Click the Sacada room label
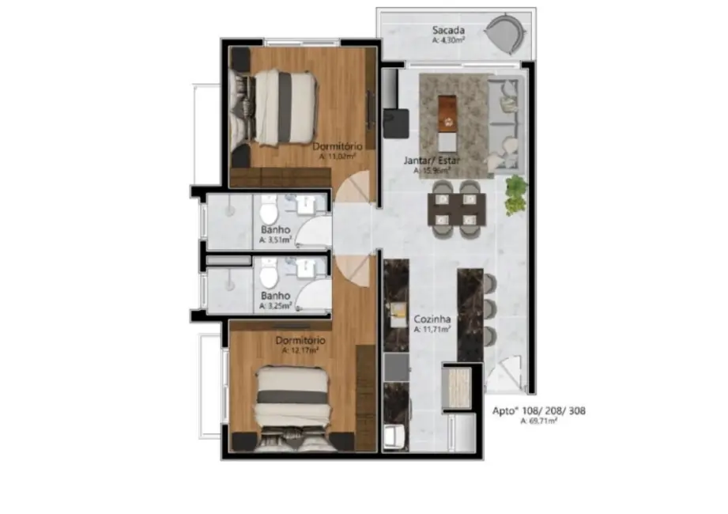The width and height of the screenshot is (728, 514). (447, 31)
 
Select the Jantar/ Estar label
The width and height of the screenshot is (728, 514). (432, 160)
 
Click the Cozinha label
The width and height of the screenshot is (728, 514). (432, 319)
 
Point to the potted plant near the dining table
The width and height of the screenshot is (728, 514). (515, 193)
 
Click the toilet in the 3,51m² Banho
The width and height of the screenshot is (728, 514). (268, 212)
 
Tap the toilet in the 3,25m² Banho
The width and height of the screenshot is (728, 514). (268, 277)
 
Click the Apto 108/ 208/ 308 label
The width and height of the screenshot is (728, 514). (538, 411)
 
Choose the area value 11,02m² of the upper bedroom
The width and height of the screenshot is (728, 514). (338, 157)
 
